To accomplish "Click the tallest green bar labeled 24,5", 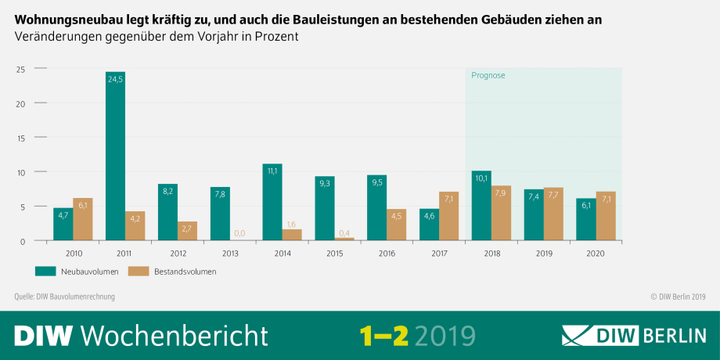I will [x=115, y=157].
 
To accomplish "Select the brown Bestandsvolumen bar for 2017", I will [x=449, y=216].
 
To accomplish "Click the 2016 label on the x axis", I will [x=387, y=253].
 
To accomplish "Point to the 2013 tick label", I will [x=230, y=253].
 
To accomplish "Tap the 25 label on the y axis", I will [x=21, y=70].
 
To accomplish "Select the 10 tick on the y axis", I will [x=21, y=172].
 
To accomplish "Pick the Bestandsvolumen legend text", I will [x=186, y=272].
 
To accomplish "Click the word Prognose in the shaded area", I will [x=488, y=75].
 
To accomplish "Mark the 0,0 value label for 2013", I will [x=240, y=233].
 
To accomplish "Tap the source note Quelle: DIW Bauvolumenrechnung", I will [x=65, y=297].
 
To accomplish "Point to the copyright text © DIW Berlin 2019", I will [x=678, y=297].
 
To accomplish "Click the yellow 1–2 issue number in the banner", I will [x=384, y=335].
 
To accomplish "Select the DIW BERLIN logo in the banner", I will [x=634, y=335].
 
